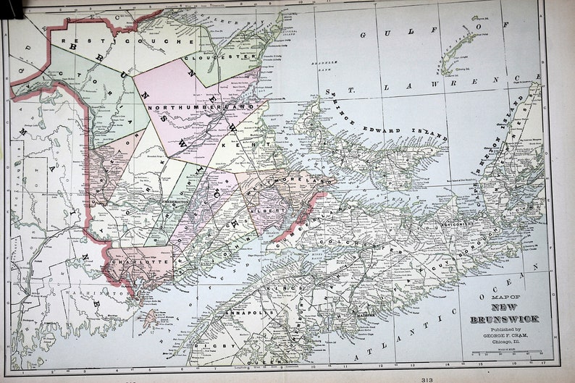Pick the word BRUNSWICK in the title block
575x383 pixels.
(503, 319)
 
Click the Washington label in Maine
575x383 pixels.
(101, 294)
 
